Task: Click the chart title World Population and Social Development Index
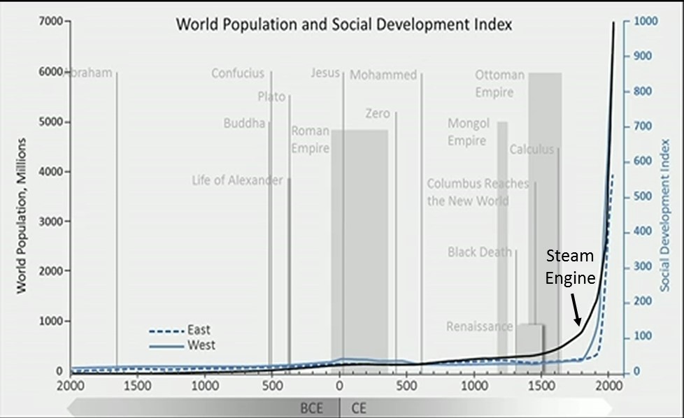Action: pyautogui.click(x=343, y=24)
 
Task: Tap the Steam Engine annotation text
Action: pyautogui.click(x=569, y=267)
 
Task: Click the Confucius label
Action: pyautogui.click(x=238, y=73)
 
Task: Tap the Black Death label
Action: pyautogui.click(x=479, y=252)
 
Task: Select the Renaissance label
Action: pyautogui.click(x=479, y=327)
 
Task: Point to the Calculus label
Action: pyautogui.click(x=532, y=150)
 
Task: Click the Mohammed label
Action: pyautogui.click(x=383, y=75)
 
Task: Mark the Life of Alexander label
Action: pyautogui.click(x=237, y=181)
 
